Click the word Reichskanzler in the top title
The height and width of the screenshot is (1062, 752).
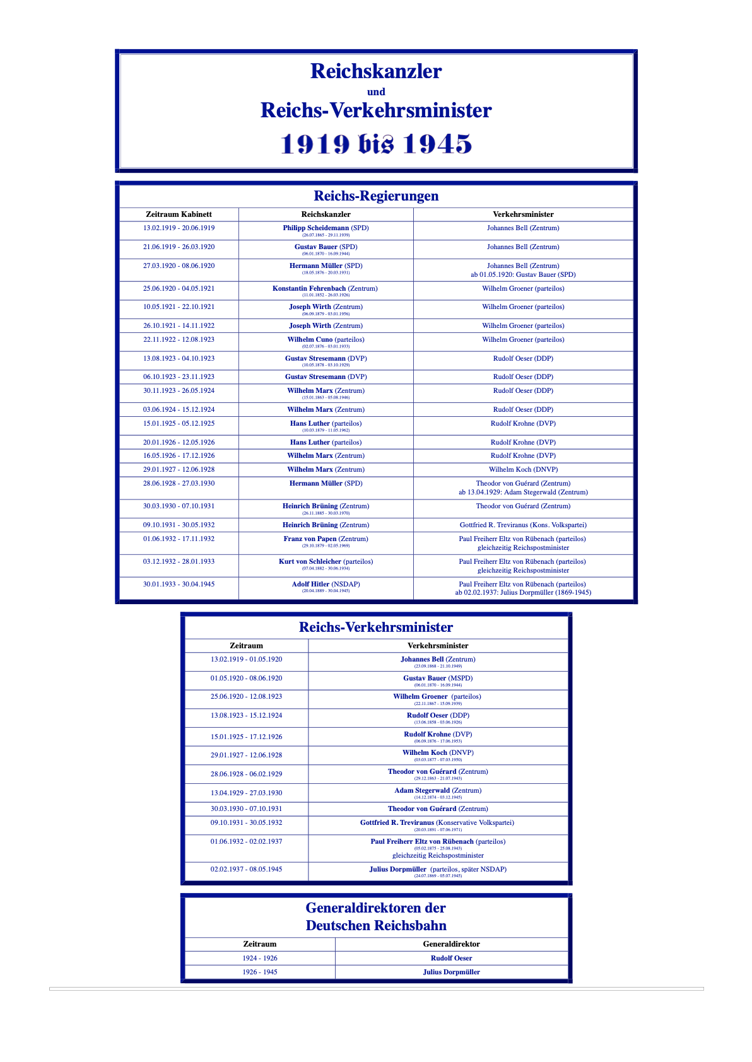(x=376, y=71)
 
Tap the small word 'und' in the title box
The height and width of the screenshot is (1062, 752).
(x=376, y=92)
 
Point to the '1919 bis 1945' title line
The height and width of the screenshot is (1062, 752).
(x=376, y=144)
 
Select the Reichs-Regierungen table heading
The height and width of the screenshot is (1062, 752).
(x=376, y=196)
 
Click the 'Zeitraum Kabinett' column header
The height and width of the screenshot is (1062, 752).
(x=179, y=214)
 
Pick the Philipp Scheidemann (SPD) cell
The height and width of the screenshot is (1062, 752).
(x=326, y=228)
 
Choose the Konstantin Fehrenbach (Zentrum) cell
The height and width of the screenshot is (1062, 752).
(x=325, y=289)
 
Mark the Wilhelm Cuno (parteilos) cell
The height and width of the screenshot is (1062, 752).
(x=326, y=340)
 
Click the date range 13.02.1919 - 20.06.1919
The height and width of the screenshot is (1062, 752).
(x=179, y=228)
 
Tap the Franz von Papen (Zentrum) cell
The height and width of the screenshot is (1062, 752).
(x=326, y=539)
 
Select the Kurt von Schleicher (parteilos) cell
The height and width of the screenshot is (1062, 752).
(x=326, y=562)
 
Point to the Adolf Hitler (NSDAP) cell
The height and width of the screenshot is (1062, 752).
(x=326, y=585)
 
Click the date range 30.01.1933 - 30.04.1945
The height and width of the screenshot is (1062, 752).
(x=179, y=585)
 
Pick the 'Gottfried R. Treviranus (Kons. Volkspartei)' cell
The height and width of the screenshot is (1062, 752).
(x=523, y=525)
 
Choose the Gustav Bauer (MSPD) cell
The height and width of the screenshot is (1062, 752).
(x=438, y=679)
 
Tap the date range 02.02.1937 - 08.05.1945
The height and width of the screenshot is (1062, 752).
(x=246, y=870)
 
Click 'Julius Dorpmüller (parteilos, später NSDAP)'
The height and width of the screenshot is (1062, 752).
(x=438, y=870)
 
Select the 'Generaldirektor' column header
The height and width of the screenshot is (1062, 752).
(x=451, y=945)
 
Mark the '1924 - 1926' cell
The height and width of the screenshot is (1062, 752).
(x=260, y=959)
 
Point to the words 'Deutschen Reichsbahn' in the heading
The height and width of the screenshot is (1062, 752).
(x=376, y=926)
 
